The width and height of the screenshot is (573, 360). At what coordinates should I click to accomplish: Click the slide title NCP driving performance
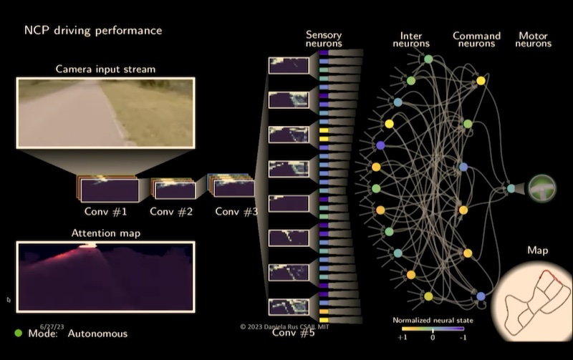pyautogui.click(x=93, y=30)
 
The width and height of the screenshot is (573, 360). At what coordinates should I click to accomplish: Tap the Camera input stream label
pyautogui.click(x=105, y=69)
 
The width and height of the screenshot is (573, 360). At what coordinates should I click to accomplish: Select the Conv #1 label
pyautogui.click(x=105, y=211)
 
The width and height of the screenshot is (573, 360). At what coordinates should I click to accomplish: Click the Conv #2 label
pyautogui.click(x=171, y=211)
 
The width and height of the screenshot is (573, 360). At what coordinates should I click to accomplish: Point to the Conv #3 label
pyautogui.click(x=236, y=211)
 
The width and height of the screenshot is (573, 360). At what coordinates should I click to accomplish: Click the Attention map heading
pyautogui.click(x=105, y=233)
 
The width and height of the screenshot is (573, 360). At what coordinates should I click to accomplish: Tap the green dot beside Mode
pyautogui.click(x=19, y=333)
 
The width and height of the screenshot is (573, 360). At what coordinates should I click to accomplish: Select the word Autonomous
pyautogui.click(x=97, y=334)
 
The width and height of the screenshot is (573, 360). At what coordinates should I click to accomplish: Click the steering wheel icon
pyautogui.click(x=542, y=188)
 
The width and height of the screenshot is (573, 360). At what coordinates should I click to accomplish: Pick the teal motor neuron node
pyautogui.click(x=511, y=188)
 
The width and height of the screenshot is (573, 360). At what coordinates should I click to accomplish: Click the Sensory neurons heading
pyautogui.click(x=324, y=39)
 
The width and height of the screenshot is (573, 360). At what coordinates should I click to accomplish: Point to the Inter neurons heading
pyautogui.click(x=411, y=39)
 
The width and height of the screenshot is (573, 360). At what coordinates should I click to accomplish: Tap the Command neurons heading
pyautogui.click(x=476, y=39)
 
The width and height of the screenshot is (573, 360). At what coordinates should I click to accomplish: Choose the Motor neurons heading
pyautogui.click(x=533, y=39)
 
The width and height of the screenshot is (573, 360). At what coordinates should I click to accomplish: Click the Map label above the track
pyautogui.click(x=538, y=250)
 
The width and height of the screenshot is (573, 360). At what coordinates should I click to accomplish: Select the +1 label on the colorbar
pyautogui.click(x=403, y=337)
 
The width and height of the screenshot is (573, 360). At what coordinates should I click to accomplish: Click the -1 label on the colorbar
pyautogui.click(x=463, y=337)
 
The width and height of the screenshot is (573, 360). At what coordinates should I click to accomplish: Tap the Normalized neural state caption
pyautogui.click(x=433, y=320)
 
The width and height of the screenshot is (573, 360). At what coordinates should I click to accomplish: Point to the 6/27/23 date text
pyautogui.click(x=52, y=327)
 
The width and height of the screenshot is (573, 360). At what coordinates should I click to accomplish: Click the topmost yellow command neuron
pyautogui.click(x=481, y=81)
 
